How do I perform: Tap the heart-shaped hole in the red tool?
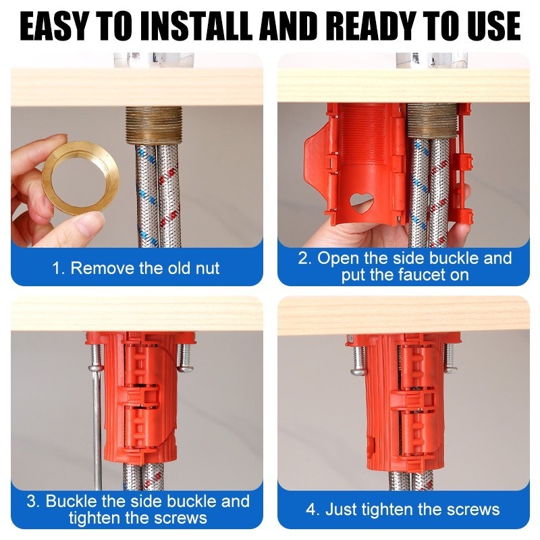click(361, 202)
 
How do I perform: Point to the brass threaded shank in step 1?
click(154, 124)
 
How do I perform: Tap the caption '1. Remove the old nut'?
click(136, 268)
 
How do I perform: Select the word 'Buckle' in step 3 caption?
click(71, 501)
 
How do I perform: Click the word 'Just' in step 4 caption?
click(341, 510)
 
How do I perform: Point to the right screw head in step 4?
click(450, 369)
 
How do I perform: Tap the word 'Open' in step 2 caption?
click(339, 259)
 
